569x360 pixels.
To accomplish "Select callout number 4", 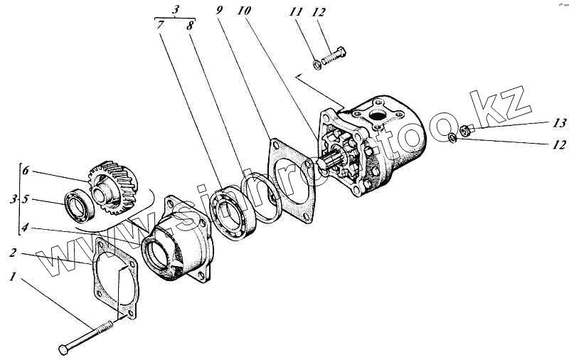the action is tap(25, 228).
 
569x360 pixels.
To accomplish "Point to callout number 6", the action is tap(25, 171).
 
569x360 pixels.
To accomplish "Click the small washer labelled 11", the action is tap(318, 66).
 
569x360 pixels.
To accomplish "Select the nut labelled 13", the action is tap(463, 129).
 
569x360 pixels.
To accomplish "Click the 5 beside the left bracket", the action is tap(25, 200).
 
